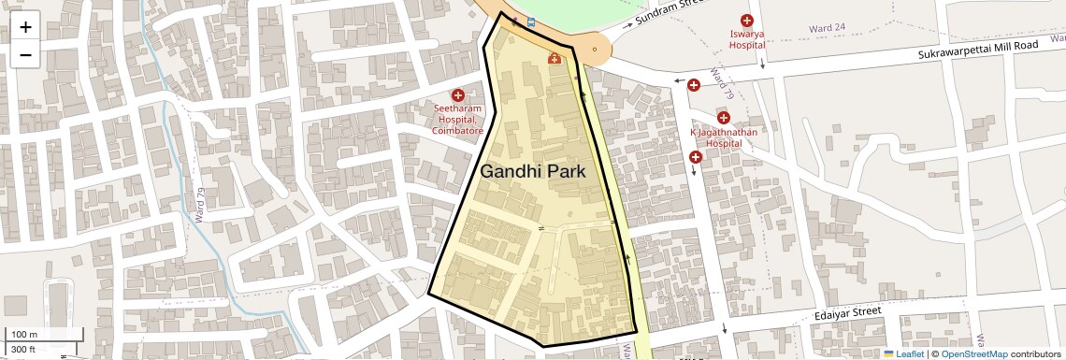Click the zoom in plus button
pos(25,26)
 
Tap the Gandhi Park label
pos(532,172)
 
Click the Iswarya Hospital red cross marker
pos(746,21)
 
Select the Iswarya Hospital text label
pos(746,38)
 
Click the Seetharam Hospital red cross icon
pos(458,95)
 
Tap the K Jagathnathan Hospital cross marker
pos(723,118)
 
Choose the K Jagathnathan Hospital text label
pos(723,138)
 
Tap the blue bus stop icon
pos(531,22)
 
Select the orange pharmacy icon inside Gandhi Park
pos(554,60)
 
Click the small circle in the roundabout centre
pos(594,49)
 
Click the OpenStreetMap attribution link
pos(973,353)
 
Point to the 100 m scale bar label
pos(24,334)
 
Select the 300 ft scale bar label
pos(23,349)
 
